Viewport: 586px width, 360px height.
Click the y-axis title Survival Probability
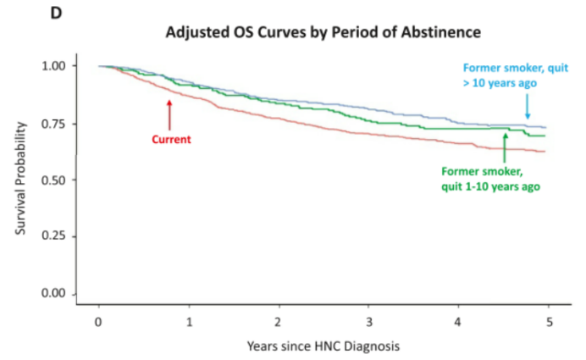tap(23, 180)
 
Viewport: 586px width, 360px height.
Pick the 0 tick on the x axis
tap(98, 322)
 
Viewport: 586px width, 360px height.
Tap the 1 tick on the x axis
tap(188, 322)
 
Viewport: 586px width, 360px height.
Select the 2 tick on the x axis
tap(278, 322)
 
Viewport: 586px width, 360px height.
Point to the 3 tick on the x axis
tap(368, 322)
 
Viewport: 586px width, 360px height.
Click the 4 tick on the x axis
tap(457, 322)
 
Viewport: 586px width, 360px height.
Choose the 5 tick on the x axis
tap(547, 322)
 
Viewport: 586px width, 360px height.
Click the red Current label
tap(171, 139)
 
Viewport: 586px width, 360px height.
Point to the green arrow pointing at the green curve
tap(505, 147)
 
